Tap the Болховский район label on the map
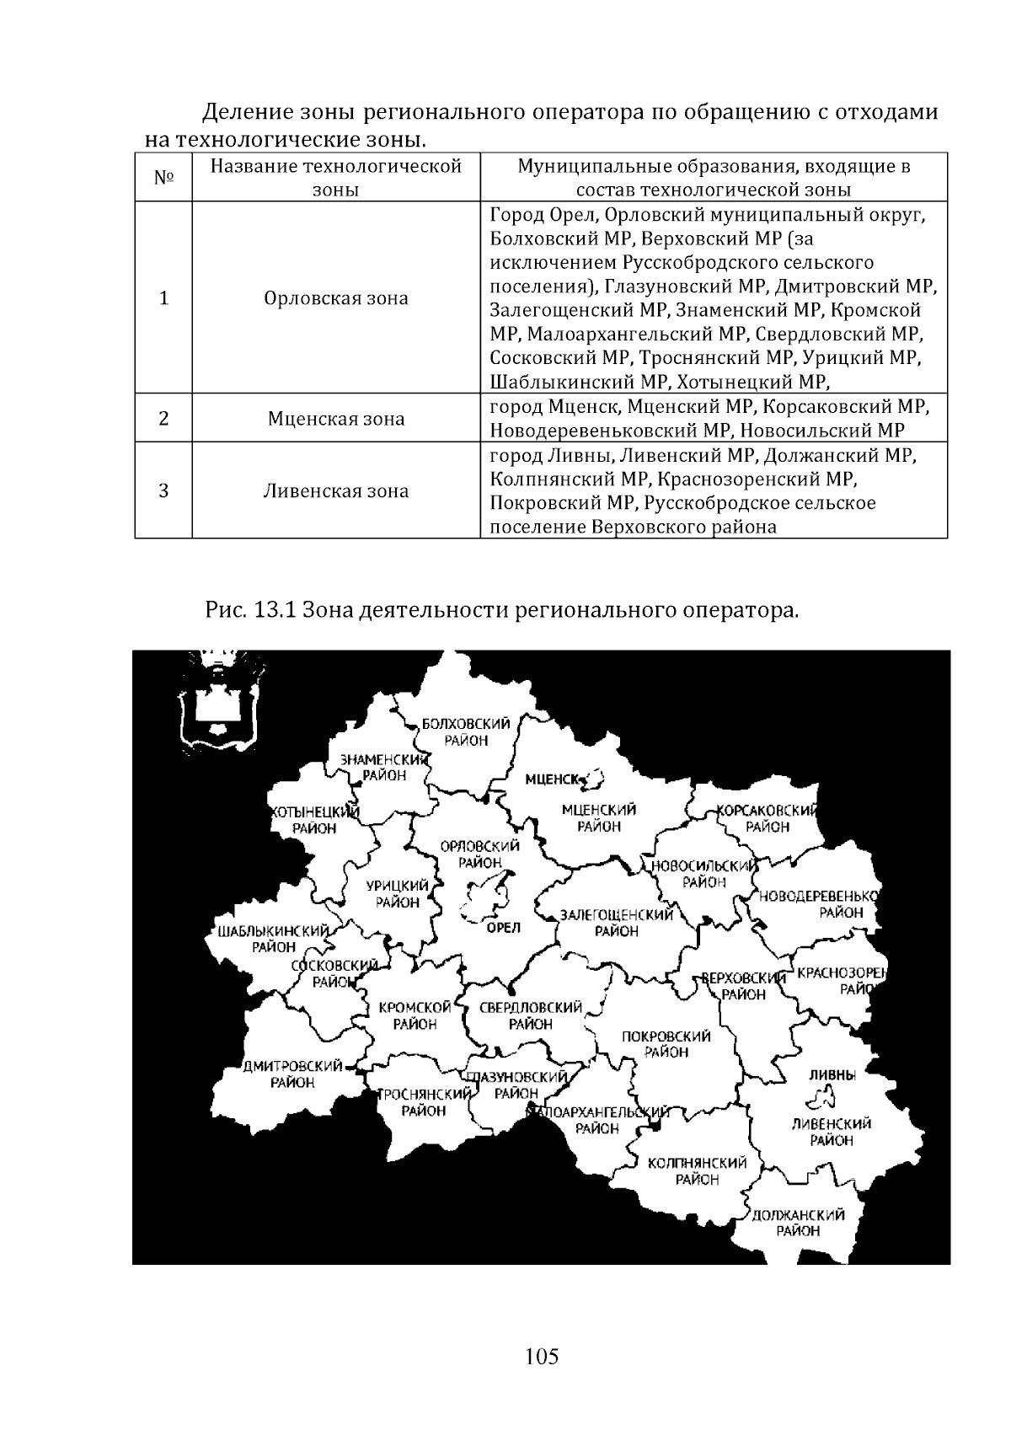pos(454,732)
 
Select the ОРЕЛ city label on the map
pos(505,927)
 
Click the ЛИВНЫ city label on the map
pos(832,1075)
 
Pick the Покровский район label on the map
pos(666,1044)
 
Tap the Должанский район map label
pos(798,1223)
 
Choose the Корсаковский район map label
pos(767,818)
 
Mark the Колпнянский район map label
pos(697,1171)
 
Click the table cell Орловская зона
pos(335,298)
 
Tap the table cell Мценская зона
pos(335,419)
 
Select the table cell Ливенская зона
pos(335,491)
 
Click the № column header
pos(163,178)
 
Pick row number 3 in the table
pos(163,491)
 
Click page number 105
pos(542,1357)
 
